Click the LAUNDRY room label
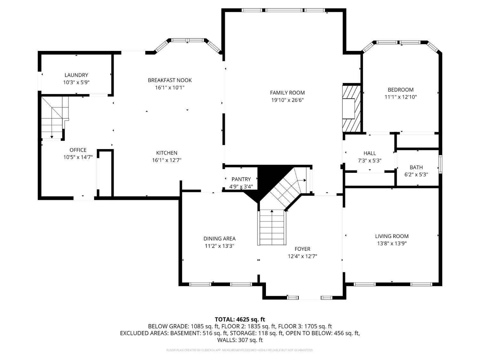coord(76,75)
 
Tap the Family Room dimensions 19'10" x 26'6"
coord(287,100)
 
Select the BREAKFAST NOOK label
coord(170,80)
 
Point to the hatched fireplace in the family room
coord(351,108)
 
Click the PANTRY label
coord(241,179)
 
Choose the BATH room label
coord(416,167)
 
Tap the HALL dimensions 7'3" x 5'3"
coord(370,161)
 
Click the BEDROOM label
coord(401,90)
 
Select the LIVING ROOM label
coord(392,236)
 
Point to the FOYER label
coord(302,249)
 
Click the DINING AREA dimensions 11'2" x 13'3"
coord(220,246)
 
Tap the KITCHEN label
coord(166,153)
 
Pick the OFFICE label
coord(78,150)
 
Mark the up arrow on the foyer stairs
coord(272,212)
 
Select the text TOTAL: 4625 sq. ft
coord(240,319)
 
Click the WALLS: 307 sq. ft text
coord(240,340)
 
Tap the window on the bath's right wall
coord(440,164)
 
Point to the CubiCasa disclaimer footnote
coord(240,350)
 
